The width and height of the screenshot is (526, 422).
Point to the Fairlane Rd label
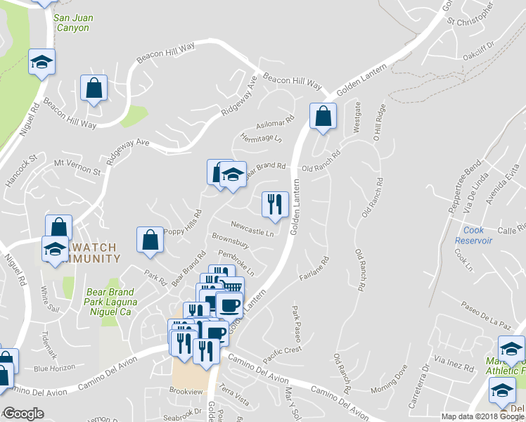pos(314,269)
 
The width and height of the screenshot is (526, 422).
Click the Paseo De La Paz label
pos(485,316)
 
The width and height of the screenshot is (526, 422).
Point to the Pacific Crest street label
pos(283,349)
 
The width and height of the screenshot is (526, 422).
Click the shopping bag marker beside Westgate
pos(323,117)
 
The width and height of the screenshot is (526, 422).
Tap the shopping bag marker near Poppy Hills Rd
pos(150,240)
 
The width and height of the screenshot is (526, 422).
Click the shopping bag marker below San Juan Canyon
pos(94,89)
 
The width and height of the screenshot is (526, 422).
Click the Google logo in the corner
pos(23,414)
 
